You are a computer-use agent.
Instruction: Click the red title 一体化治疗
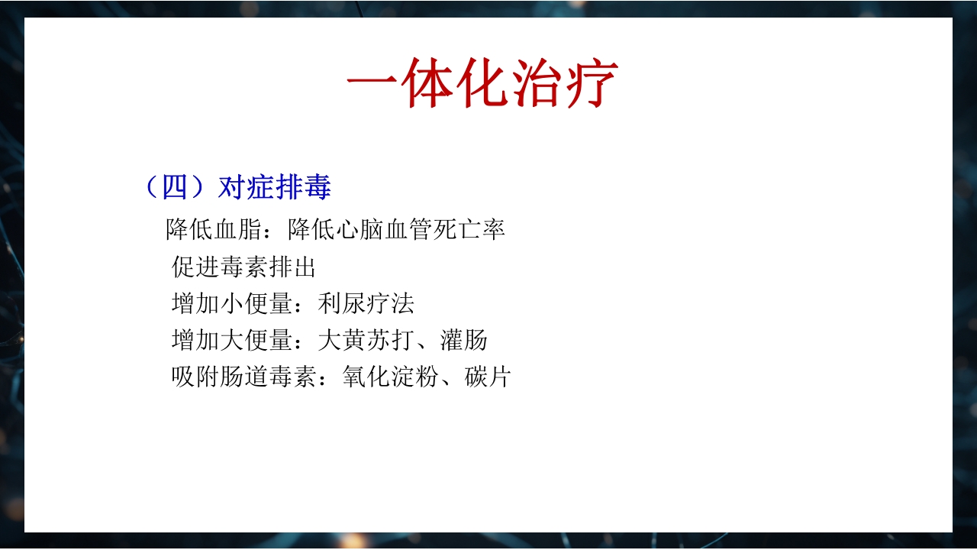pos(482,82)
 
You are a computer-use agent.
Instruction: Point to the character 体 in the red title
pos(427,82)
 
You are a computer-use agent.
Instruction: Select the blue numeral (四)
pos(176,187)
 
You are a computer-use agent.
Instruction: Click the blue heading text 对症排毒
pos(275,187)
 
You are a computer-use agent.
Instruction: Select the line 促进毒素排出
pos(243,267)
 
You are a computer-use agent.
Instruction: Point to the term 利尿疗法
pos(366,304)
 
